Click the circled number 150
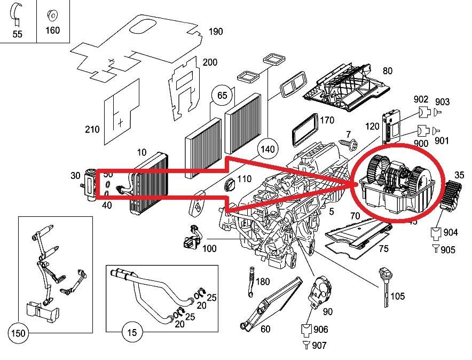[18, 333]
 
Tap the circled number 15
[132, 333]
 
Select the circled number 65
[222, 96]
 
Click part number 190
[215, 32]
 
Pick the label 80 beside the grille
[387, 71]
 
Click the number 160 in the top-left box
[52, 30]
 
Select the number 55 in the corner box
[18, 34]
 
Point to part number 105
[397, 296]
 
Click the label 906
[321, 330]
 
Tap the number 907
[319, 346]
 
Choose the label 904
[450, 233]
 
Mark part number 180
[263, 281]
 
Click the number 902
[421, 99]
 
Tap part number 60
[265, 329]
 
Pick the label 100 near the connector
[210, 249]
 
